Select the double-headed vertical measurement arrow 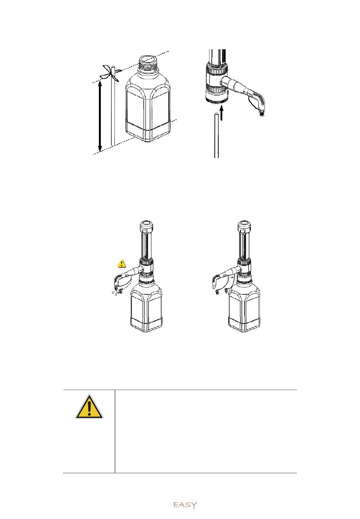click(100, 116)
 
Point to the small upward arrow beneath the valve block click(222, 113)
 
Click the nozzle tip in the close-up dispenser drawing click(262, 113)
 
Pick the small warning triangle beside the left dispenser click(122, 264)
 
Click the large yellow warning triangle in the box click(89, 406)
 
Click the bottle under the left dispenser click(146, 306)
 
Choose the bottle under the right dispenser click(244, 306)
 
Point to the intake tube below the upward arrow click(216, 135)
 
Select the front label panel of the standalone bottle click(135, 109)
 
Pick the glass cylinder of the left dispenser click(147, 245)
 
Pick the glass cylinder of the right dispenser click(244, 245)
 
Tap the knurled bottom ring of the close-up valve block click(216, 101)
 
